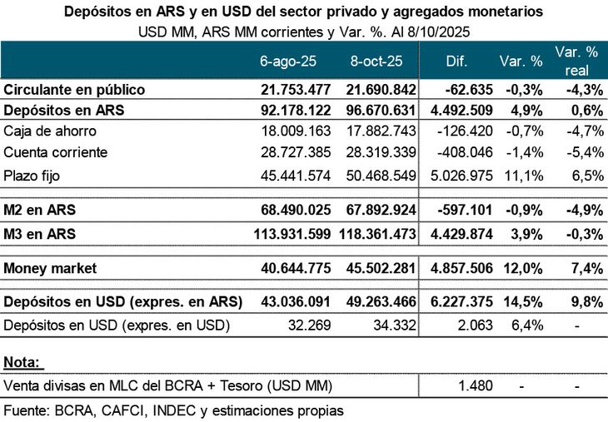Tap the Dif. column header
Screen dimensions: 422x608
(457, 62)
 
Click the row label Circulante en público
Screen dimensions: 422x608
(75, 89)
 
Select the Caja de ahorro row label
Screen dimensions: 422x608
(50, 131)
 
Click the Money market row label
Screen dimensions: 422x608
(51, 268)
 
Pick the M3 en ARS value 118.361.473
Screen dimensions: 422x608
(376, 235)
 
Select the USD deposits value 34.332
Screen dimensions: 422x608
(396, 324)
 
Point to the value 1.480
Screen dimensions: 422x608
(476, 385)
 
